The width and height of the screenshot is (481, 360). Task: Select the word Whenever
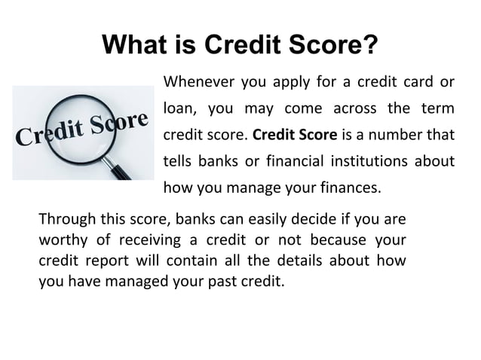(197, 81)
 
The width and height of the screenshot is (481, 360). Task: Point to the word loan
(180, 109)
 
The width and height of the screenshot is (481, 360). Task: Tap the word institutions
(357, 163)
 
